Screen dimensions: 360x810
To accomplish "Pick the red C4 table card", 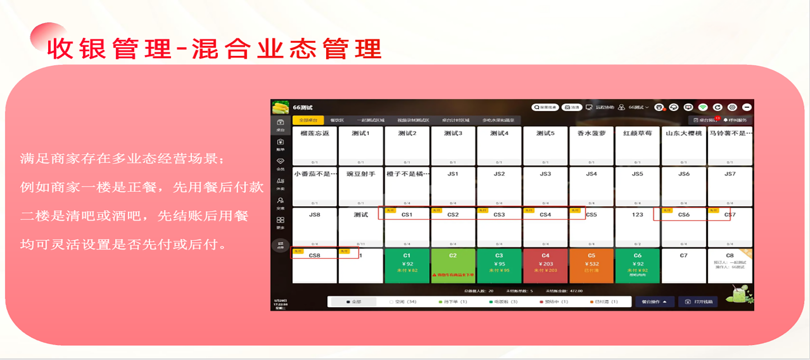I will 545,266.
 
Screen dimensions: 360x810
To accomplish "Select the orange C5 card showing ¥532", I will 591,266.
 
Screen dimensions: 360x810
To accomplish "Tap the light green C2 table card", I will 453,266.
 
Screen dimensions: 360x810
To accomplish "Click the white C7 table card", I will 684,266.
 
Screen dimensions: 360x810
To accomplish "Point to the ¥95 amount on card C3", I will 499,264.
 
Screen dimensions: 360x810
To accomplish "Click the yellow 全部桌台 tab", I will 308,120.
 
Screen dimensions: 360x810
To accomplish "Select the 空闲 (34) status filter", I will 403,302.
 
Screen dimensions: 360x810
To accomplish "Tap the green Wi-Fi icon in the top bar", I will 703,107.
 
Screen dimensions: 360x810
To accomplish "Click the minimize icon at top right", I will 747,107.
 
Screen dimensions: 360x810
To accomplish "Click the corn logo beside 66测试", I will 281,108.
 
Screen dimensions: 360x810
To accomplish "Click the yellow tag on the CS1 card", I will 390,211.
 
